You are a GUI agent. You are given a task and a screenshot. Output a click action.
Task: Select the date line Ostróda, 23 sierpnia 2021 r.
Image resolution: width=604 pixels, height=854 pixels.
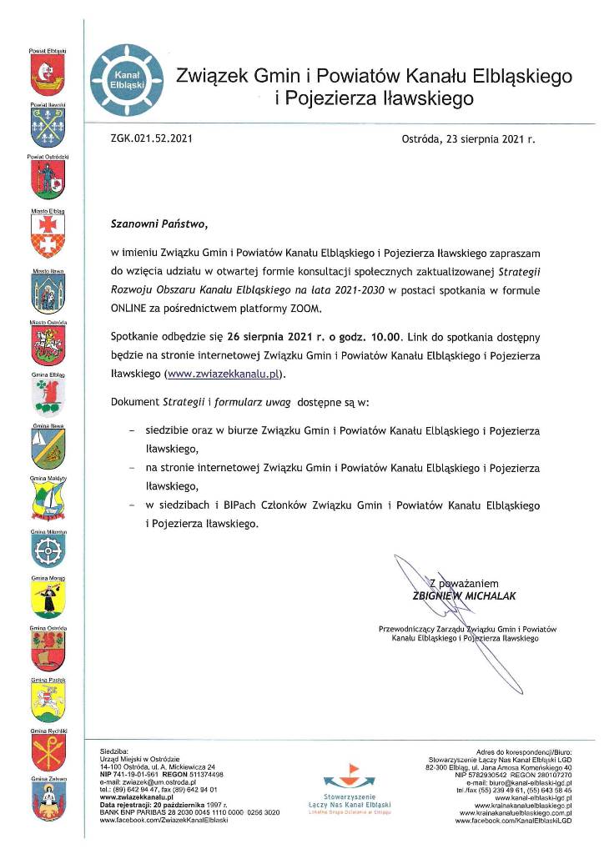tap(468, 141)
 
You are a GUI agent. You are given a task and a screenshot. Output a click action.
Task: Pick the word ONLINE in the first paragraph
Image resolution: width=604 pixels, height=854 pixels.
tap(132, 308)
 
